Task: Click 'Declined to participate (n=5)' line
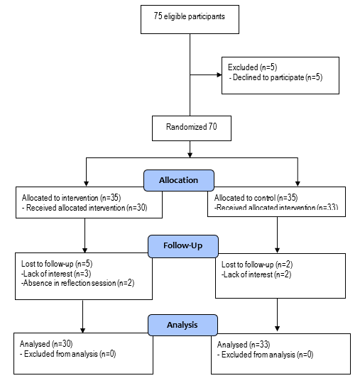278,76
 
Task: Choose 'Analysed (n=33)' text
244,344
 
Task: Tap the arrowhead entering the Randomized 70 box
189,115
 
